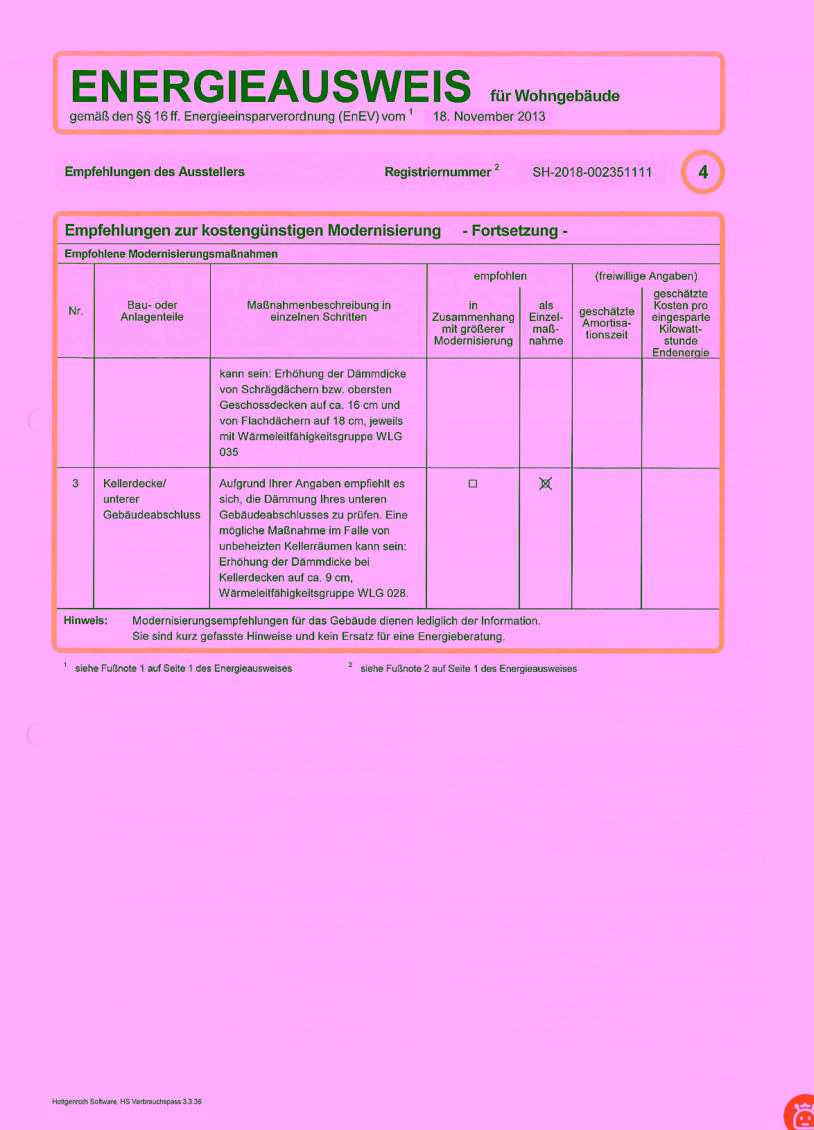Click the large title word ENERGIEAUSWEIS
pos(270,87)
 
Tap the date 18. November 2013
pos(489,116)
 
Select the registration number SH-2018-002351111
pos(592,173)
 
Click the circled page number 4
pos(703,172)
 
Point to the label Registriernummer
pos(438,173)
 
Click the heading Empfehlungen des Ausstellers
pos(155,172)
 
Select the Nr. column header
pos(76,311)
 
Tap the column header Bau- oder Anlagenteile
pos(152,311)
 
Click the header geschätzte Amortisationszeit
pos(607,323)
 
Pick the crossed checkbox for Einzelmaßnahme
pos(546,484)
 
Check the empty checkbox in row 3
pos(473,484)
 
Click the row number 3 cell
pos(76,484)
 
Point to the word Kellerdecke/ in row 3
pos(135,484)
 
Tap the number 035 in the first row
pos(229,452)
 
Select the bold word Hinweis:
pos(86,620)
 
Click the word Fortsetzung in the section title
pos(514,231)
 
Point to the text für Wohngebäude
pos(555,96)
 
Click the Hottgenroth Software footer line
pos(127,1102)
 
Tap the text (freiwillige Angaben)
pos(646,276)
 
